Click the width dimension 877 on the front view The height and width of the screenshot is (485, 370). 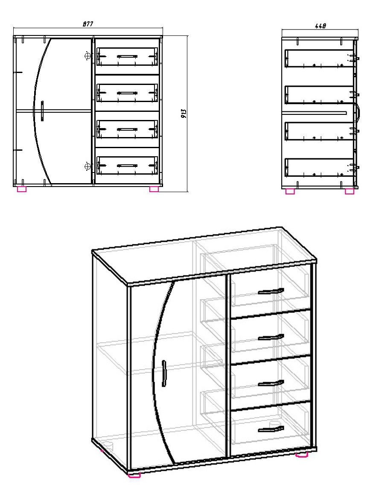coord(88,24)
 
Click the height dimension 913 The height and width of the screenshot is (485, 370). coord(184,114)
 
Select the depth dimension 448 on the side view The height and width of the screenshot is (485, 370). coord(320,26)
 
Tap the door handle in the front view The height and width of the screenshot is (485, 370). coord(42,111)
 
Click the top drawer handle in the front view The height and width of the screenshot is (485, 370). coord(127,56)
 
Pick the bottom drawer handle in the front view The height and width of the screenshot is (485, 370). coord(127,166)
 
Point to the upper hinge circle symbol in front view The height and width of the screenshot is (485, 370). coord(88,56)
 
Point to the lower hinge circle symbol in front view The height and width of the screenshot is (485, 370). coord(88,167)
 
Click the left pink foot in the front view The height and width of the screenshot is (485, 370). coord(22,189)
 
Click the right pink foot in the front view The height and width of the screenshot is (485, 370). coord(154,189)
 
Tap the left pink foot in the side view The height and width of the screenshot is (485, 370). coord(290,191)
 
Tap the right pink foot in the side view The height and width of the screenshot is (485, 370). coord(350,191)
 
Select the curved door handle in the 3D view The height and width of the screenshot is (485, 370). coord(164,373)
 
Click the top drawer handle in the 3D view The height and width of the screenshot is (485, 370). coord(271,291)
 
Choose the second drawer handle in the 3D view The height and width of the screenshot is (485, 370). coord(271,337)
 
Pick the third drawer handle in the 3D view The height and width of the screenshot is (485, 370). coord(271,383)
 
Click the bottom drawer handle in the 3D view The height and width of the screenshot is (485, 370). coord(271,429)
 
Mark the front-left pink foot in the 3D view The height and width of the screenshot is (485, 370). coord(134,475)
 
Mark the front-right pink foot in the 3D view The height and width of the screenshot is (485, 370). coord(302,454)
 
